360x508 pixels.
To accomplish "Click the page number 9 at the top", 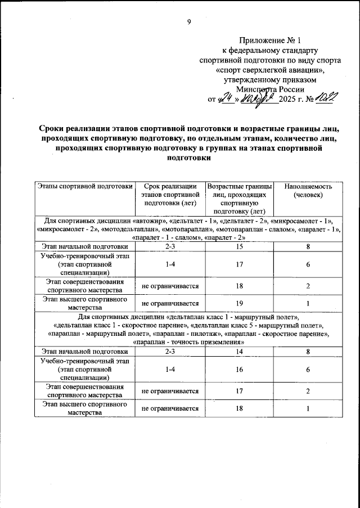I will coord(189,22).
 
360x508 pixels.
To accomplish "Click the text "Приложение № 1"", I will coord(270,40).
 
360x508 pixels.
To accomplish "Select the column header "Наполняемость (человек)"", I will coord(308,191).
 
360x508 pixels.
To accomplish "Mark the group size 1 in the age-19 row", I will coord(308,303).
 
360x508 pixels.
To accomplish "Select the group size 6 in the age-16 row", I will coord(308,370).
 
